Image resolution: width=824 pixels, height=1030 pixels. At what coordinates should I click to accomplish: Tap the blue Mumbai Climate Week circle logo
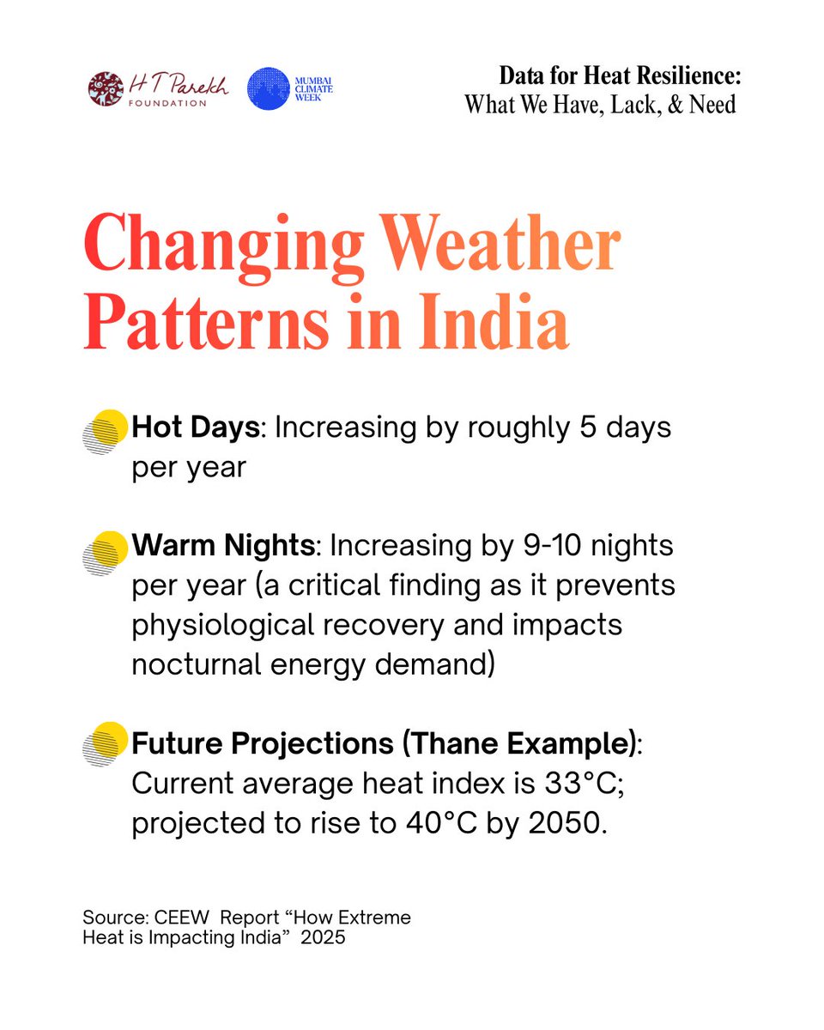(x=268, y=88)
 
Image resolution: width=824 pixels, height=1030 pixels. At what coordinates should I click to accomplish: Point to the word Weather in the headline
(x=501, y=245)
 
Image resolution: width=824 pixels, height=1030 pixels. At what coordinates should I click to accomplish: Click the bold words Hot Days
(x=195, y=427)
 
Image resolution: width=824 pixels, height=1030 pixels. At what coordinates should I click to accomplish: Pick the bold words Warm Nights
(x=224, y=546)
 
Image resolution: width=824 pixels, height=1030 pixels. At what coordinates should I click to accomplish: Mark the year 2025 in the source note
(x=323, y=937)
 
